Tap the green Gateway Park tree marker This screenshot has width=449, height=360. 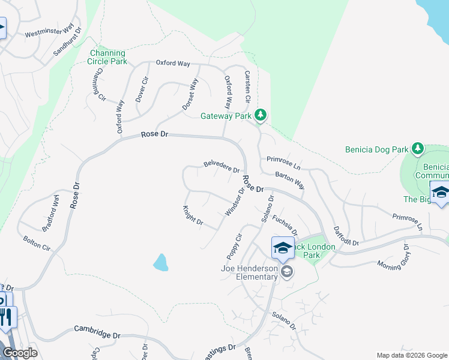[x=260, y=114]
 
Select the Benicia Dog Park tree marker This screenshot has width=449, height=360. [x=418, y=148]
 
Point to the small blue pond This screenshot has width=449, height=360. [x=160, y=262]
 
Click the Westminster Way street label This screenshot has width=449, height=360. [x=53, y=31]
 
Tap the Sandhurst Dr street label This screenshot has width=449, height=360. [x=67, y=44]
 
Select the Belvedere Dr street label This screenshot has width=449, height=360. [x=221, y=166]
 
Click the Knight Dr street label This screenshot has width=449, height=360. [x=193, y=217]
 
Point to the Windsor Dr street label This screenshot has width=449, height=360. [x=235, y=202]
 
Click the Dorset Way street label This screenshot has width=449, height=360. [x=190, y=95]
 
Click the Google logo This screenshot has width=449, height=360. [x=19, y=353]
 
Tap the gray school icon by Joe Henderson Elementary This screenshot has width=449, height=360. [x=287, y=272]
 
